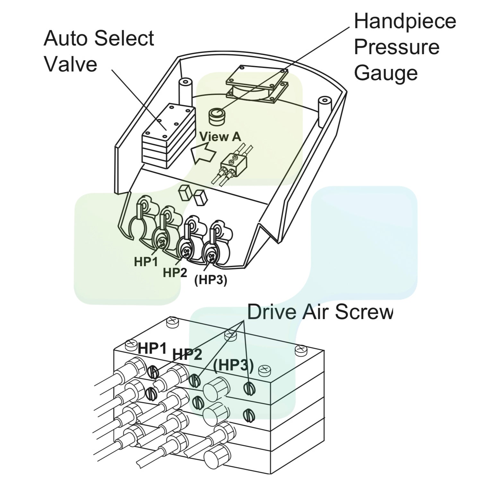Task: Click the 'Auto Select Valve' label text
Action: coord(99,51)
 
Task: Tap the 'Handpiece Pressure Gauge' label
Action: coord(404,47)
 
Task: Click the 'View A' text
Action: coord(220,137)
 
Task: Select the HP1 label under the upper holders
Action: coord(146,262)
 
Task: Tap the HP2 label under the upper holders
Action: coord(175,273)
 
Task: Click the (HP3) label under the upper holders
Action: coord(211,280)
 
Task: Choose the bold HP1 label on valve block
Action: coord(152,348)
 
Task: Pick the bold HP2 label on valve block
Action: coord(187,354)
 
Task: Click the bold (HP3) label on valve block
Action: coord(234,365)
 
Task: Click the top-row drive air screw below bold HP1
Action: coord(153,373)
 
